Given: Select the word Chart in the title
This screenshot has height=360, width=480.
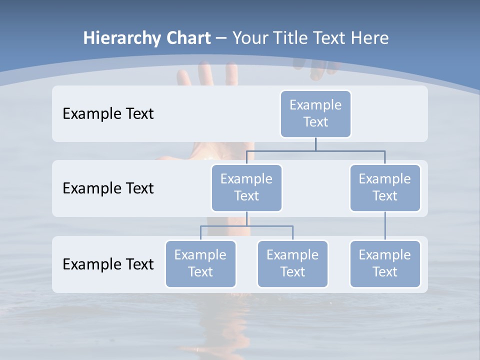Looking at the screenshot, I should pos(187,38).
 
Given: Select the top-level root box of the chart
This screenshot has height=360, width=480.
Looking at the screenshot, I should pos(315,113).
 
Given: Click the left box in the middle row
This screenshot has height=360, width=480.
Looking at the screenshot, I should pos(246,187).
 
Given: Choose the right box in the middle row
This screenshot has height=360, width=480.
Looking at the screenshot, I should pos(385,187).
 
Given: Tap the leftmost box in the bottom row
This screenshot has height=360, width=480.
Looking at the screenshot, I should pos(200,263).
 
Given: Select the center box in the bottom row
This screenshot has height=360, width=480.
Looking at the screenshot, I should pos(292,263).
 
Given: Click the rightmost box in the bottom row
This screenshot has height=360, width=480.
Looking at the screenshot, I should pos(385,263).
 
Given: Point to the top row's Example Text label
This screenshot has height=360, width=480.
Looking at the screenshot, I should pos(108,114).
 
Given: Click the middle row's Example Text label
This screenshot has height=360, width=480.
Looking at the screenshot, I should pos(108,188).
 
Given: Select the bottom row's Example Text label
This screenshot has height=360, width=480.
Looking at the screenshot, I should pos(108,264).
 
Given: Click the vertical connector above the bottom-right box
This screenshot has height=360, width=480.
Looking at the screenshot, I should pos(385,226).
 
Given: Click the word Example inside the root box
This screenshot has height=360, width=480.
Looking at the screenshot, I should pos(315,105).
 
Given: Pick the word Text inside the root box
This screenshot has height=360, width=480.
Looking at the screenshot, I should pos(315,122).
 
